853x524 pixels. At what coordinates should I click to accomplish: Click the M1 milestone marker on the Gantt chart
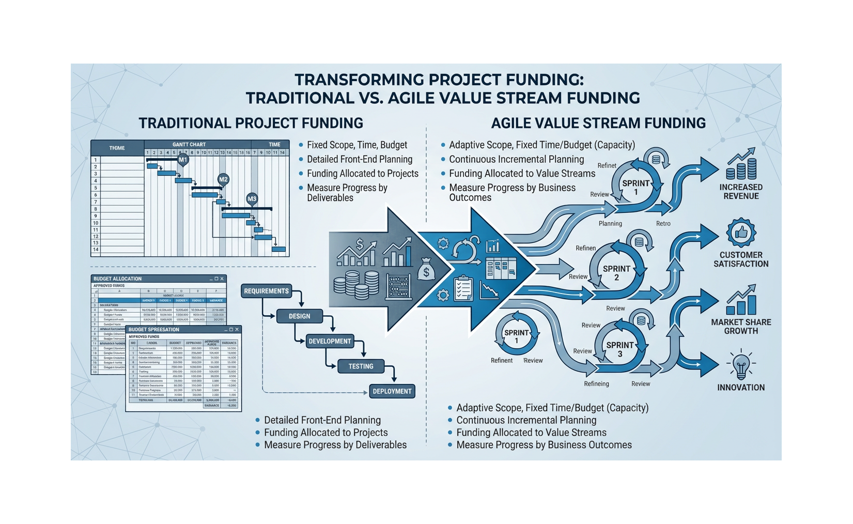183,160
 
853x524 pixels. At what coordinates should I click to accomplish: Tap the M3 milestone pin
252,199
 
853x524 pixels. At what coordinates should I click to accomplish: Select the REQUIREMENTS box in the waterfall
266,291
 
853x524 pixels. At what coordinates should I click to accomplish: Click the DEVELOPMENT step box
330,341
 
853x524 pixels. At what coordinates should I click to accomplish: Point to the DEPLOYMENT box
392,391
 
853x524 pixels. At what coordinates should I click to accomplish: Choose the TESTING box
361,366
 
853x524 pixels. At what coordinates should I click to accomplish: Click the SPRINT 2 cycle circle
616,273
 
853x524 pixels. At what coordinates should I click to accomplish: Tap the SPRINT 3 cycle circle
619,349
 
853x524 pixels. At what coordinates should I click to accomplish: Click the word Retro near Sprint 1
663,224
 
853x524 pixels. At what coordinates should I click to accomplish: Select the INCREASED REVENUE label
741,192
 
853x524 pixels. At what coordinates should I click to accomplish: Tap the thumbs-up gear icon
741,233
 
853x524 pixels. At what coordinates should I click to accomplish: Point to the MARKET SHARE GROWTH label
741,327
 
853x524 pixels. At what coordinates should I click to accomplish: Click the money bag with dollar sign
426,269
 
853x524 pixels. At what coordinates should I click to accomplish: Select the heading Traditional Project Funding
251,123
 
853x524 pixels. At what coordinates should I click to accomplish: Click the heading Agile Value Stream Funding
598,123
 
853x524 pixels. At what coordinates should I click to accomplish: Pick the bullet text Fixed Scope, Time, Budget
357,145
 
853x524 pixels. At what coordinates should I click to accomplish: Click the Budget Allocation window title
118,279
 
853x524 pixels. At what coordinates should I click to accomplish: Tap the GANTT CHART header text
189,145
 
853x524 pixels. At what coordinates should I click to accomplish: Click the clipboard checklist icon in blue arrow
463,288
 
